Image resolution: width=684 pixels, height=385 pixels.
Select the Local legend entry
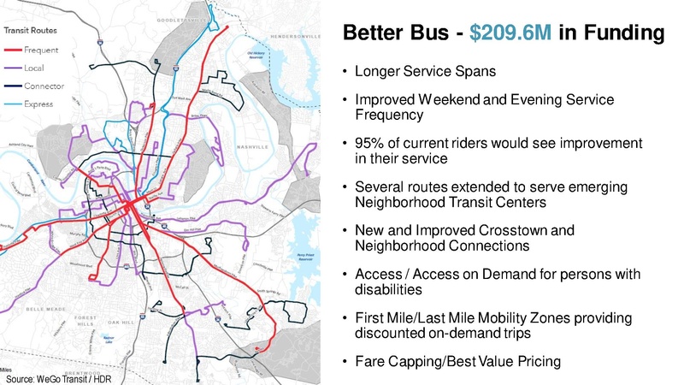[35, 68]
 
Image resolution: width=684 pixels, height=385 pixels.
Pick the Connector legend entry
[41, 86]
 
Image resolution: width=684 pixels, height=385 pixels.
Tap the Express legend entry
[38, 104]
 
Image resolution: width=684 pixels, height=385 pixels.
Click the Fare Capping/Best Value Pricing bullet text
[457, 362]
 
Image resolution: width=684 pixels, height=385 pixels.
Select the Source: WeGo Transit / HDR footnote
[60, 378]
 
